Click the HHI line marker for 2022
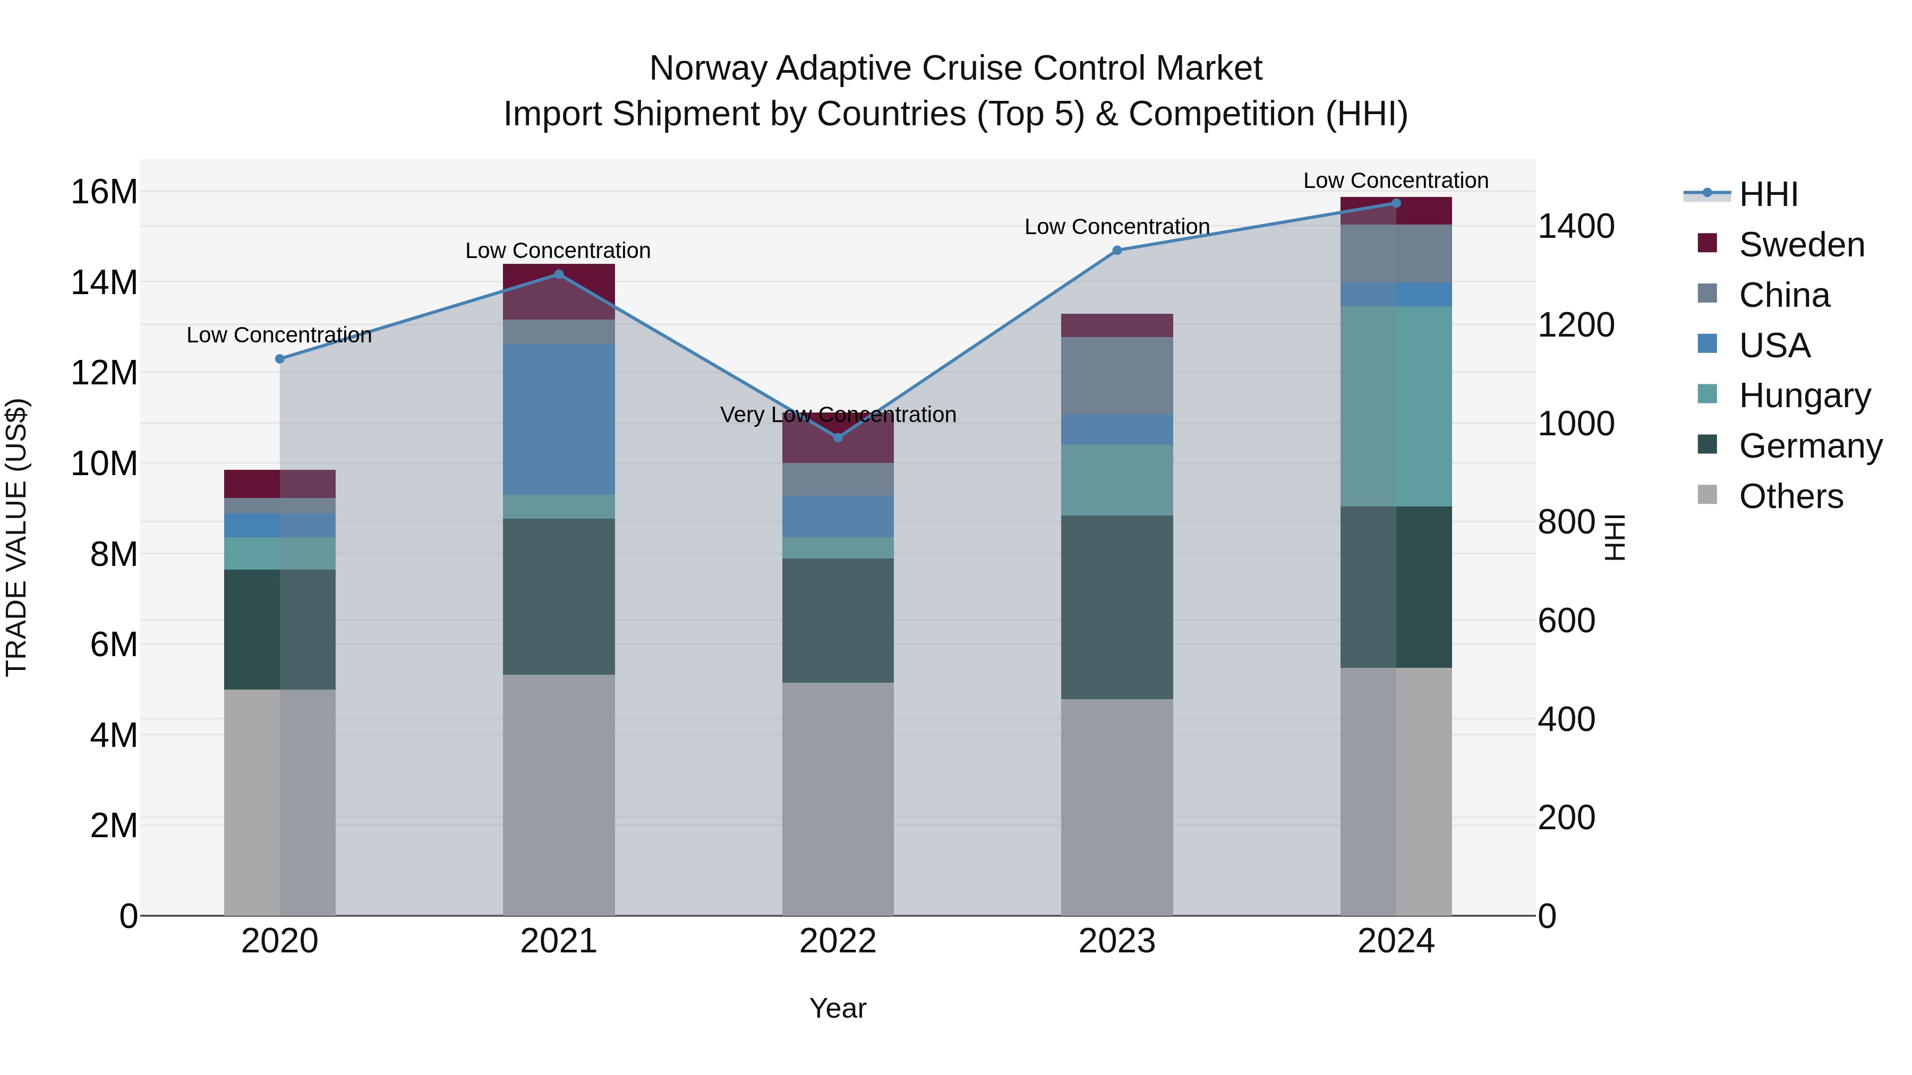pyautogui.click(x=838, y=438)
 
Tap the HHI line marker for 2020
pyautogui.click(x=280, y=359)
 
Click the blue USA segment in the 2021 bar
pyautogui.click(x=559, y=419)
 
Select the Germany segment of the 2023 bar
pyautogui.click(x=1116, y=607)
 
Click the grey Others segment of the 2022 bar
pyautogui.click(x=838, y=798)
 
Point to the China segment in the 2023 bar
pyautogui.click(x=1116, y=375)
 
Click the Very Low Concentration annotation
pyautogui.click(x=838, y=415)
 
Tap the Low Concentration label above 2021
pyautogui.click(x=558, y=251)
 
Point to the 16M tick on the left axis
pyautogui.click(x=104, y=192)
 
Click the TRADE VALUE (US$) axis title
pyautogui.click(x=16, y=537)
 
